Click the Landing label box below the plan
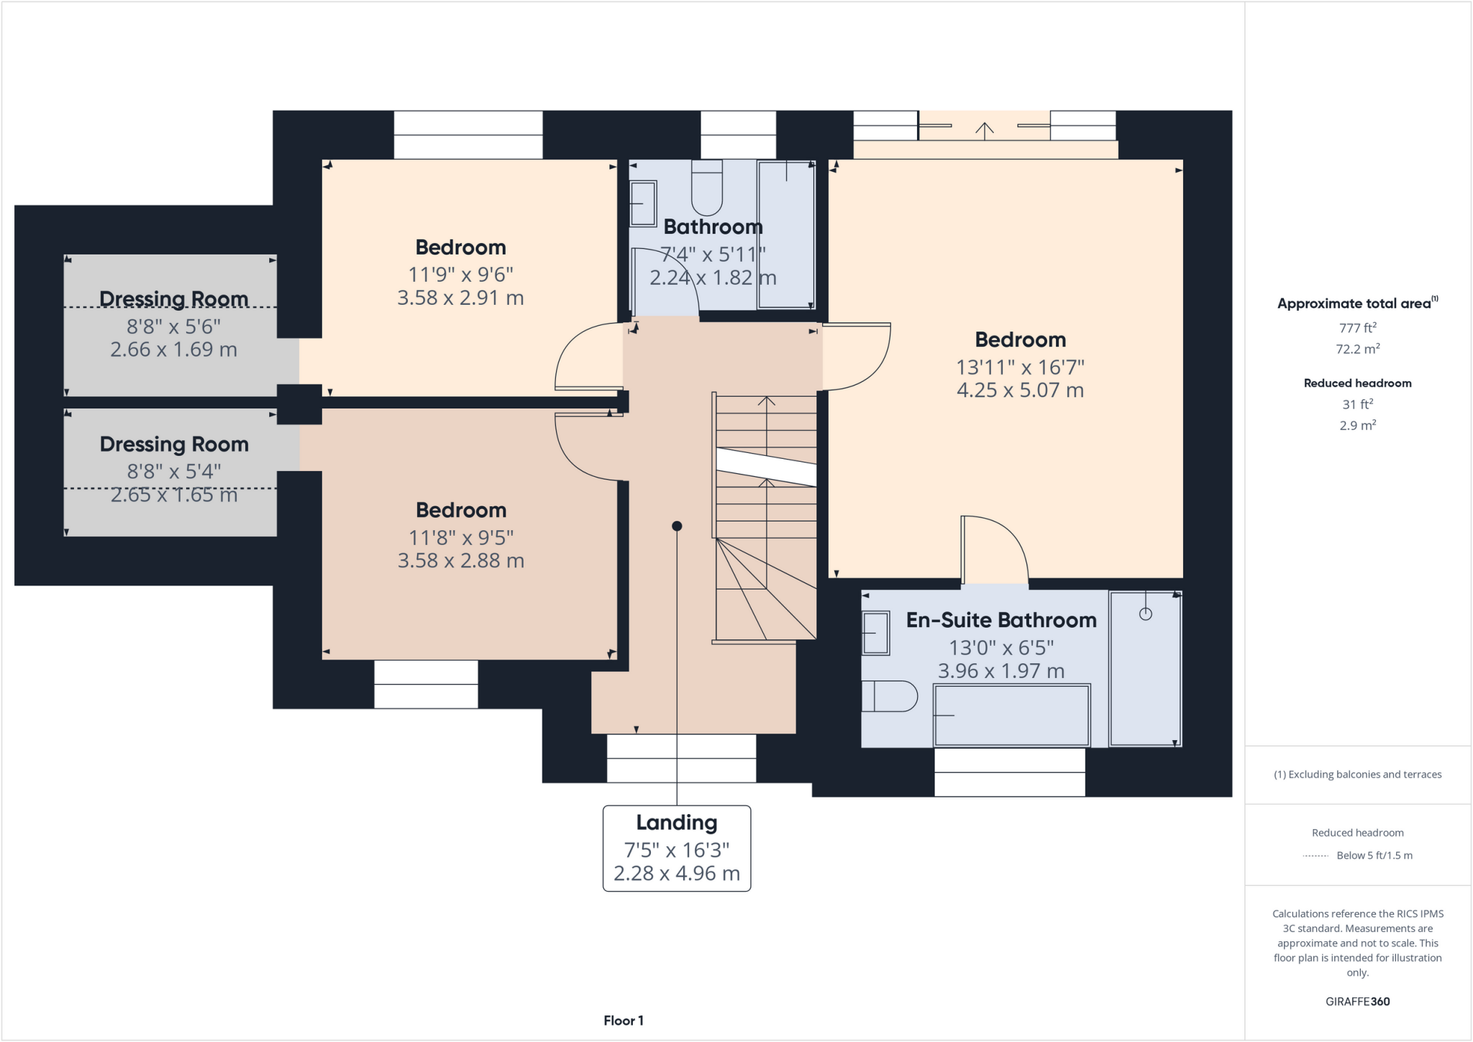[676, 848]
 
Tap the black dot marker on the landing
[677, 526]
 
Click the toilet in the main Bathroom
[706, 188]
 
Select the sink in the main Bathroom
[643, 204]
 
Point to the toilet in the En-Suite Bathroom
[889, 696]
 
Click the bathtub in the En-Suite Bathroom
[1011, 716]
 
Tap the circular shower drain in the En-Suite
[1146, 613]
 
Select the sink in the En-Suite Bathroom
[875, 633]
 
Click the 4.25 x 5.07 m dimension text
[1020, 390]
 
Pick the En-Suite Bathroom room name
[1001, 620]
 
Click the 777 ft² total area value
[1357, 328]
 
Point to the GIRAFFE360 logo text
[1357, 1001]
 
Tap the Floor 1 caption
[623, 1020]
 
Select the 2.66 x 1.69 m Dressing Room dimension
[173, 349]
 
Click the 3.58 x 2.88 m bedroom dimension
[460, 561]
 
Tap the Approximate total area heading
[1356, 303]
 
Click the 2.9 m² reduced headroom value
[1357, 425]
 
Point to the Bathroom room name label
[713, 227]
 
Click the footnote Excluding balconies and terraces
[1357, 774]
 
